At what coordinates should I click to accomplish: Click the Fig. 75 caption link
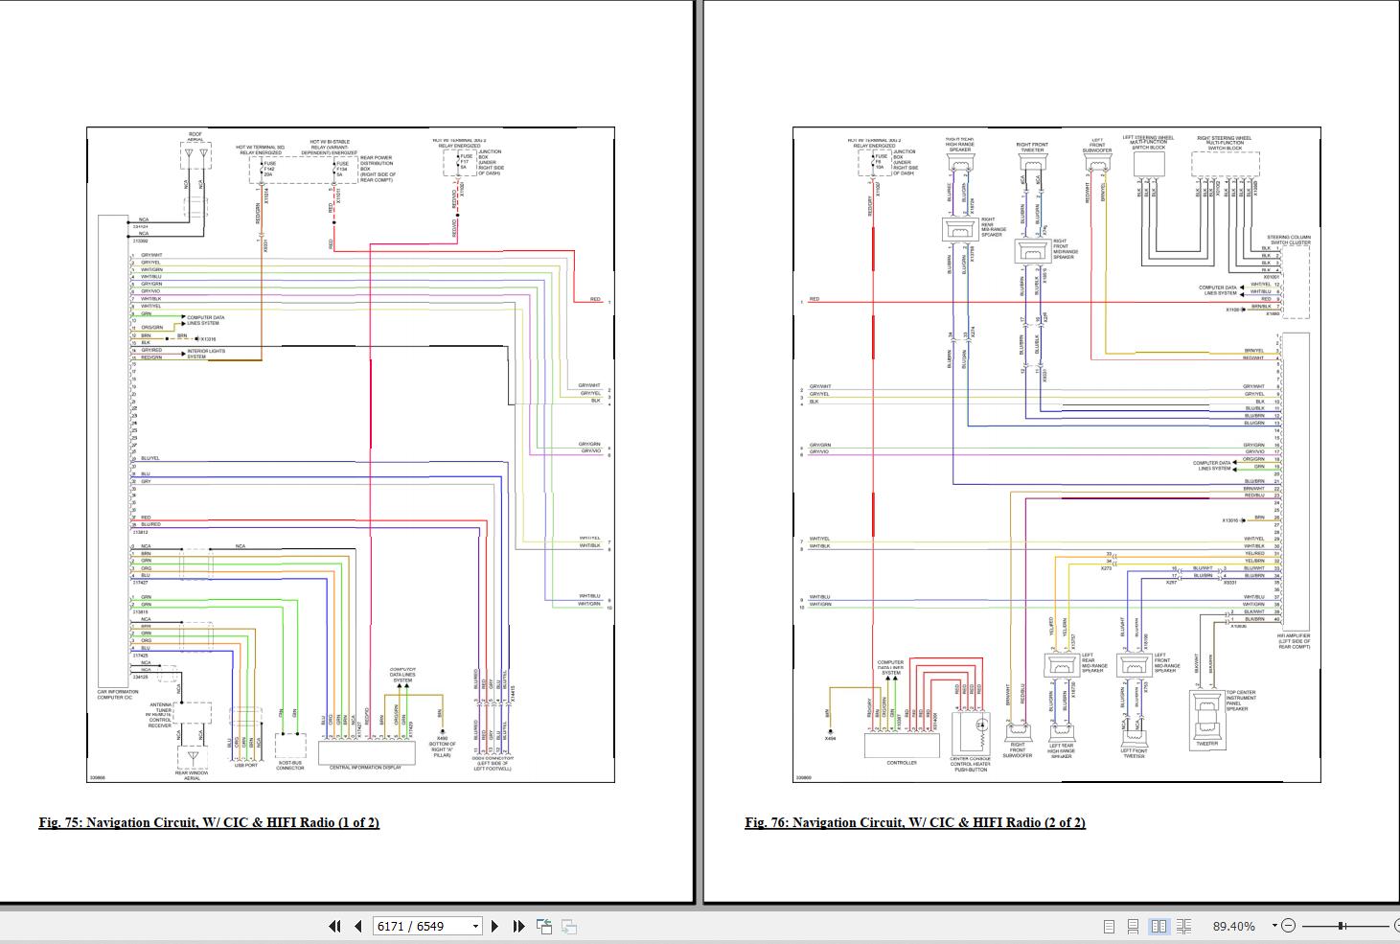209,822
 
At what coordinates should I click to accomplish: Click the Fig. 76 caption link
914,822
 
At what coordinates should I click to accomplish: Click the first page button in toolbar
334,926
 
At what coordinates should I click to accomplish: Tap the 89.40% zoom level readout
1233,926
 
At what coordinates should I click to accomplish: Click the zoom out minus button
1288,926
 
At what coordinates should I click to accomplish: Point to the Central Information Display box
367,751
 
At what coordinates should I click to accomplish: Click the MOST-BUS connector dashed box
290,747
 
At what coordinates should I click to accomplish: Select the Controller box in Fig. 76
902,746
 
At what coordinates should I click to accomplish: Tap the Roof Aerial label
195,137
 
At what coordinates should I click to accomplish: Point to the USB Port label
245,765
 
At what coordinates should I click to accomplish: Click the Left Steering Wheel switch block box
1148,165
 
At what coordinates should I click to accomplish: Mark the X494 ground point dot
830,729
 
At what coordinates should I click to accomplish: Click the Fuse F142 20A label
269,170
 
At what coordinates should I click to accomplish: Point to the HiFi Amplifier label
1294,640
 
